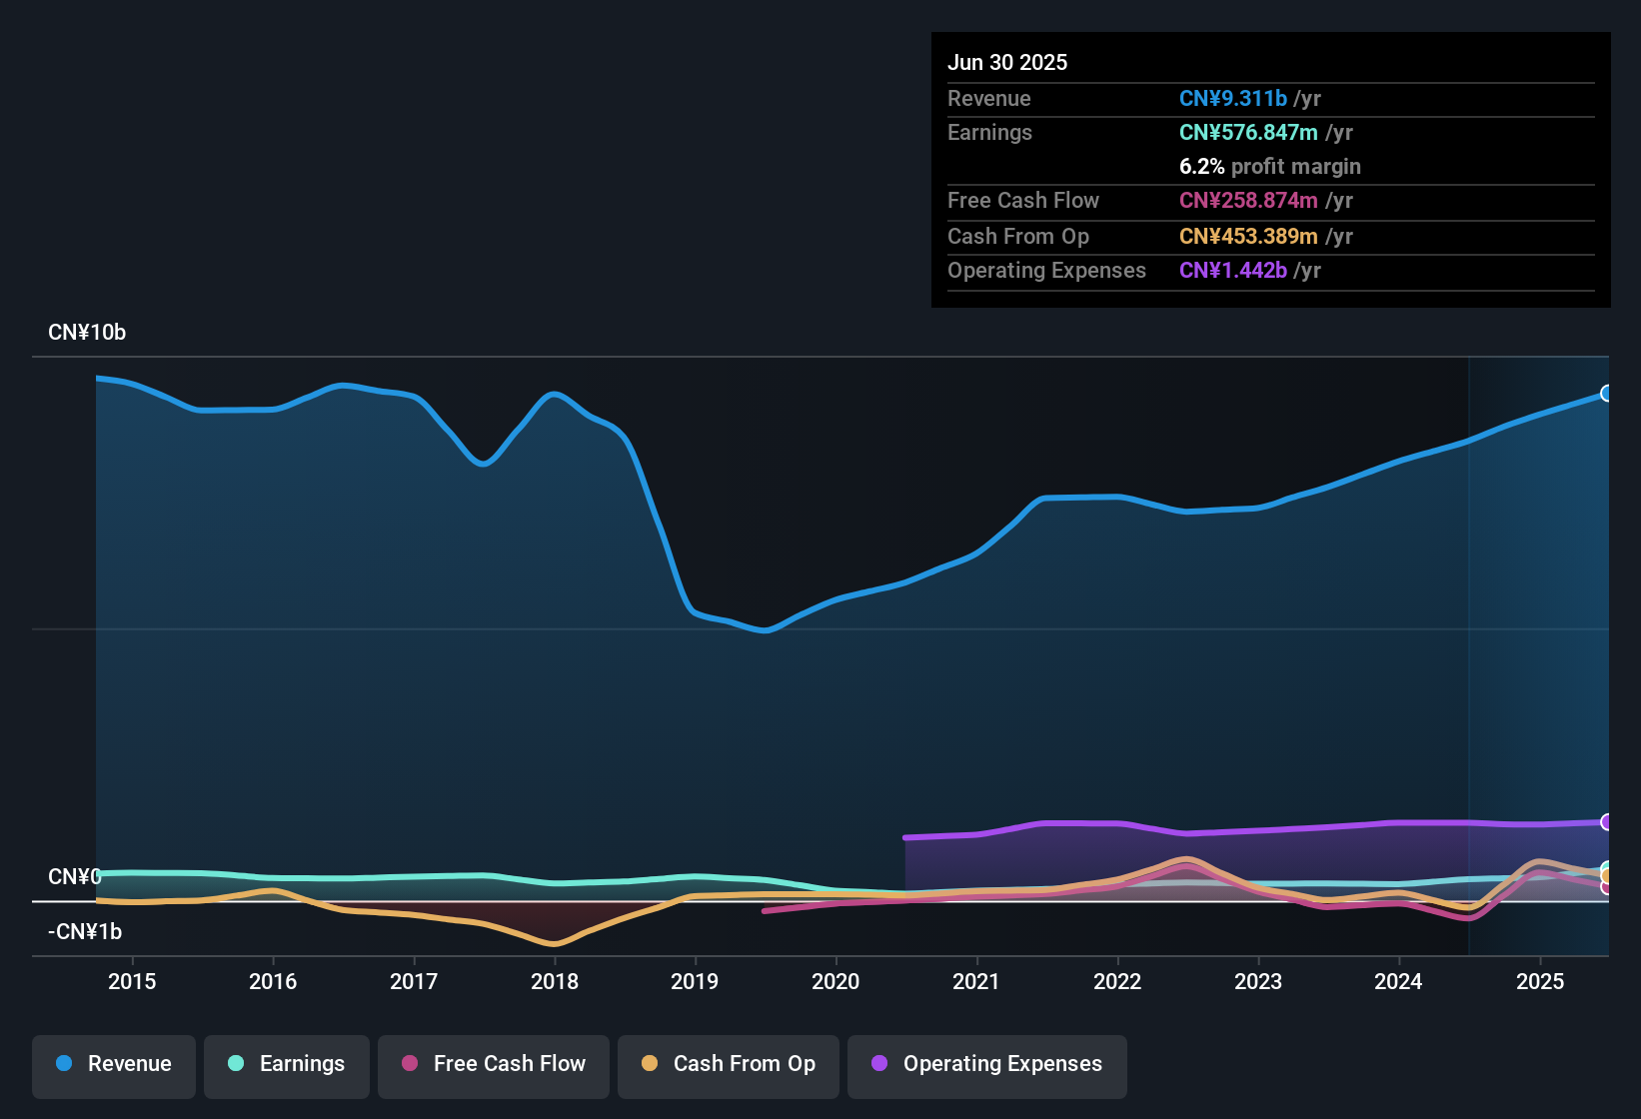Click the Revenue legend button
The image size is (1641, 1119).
pyautogui.click(x=114, y=1064)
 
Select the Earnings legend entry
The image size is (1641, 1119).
pyautogui.click(x=287, y=1064)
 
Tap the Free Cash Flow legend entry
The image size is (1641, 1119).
pyautogui.click(x=494, y=1064)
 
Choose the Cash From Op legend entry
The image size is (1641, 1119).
pyautogui.click(x=729, y=1064)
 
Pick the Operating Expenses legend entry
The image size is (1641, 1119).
pyautogui.click(x=987, y=1064)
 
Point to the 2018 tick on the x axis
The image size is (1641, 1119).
pyautogui.click(x=555, y=981)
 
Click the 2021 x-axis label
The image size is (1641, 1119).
pyautogui.click(x=976, y=981)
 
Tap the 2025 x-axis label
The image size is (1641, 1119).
pyautogui.click(x=1540, y=981)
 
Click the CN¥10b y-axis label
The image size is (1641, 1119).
pyautogui.click(x=87, y=333)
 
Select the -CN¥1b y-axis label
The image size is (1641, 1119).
pyautogui.click(x=85, y=932)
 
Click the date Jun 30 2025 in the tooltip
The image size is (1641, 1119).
pyautogui.click(x=1007, y=62)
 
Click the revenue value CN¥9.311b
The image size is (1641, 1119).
pyautogui.click(x=1232, y=98)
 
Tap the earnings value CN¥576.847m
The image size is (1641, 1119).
pyautogui.click(x=1248, y=132)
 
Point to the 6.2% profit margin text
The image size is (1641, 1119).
pyautogui.click(x=1269, y=166)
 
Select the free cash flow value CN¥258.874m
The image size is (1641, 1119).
pyautogui.click(x=1248, y=200)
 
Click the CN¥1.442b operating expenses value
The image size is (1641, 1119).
pyautogui.click(x=1232, y=270)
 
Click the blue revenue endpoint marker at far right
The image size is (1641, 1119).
pyautogui.click(x=1606, y=394)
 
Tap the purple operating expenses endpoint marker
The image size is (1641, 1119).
pyautogui.click(x=1606, y=822)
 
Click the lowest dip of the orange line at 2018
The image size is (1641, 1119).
pyautogui.click(x=554, y=943)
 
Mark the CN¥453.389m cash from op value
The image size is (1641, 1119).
pyautogui.click(x=1248, y=236)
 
